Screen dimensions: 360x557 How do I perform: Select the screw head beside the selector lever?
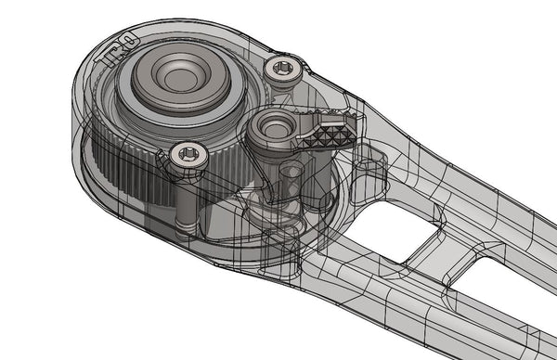(x=281, y=67)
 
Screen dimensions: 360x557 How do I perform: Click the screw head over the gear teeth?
(x=188, y=156)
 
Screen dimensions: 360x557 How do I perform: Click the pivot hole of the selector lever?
(x=274, y=123)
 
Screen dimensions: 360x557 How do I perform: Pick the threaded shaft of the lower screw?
(x=186, y=199)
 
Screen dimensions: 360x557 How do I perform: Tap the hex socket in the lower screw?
(x=189, y=155)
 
